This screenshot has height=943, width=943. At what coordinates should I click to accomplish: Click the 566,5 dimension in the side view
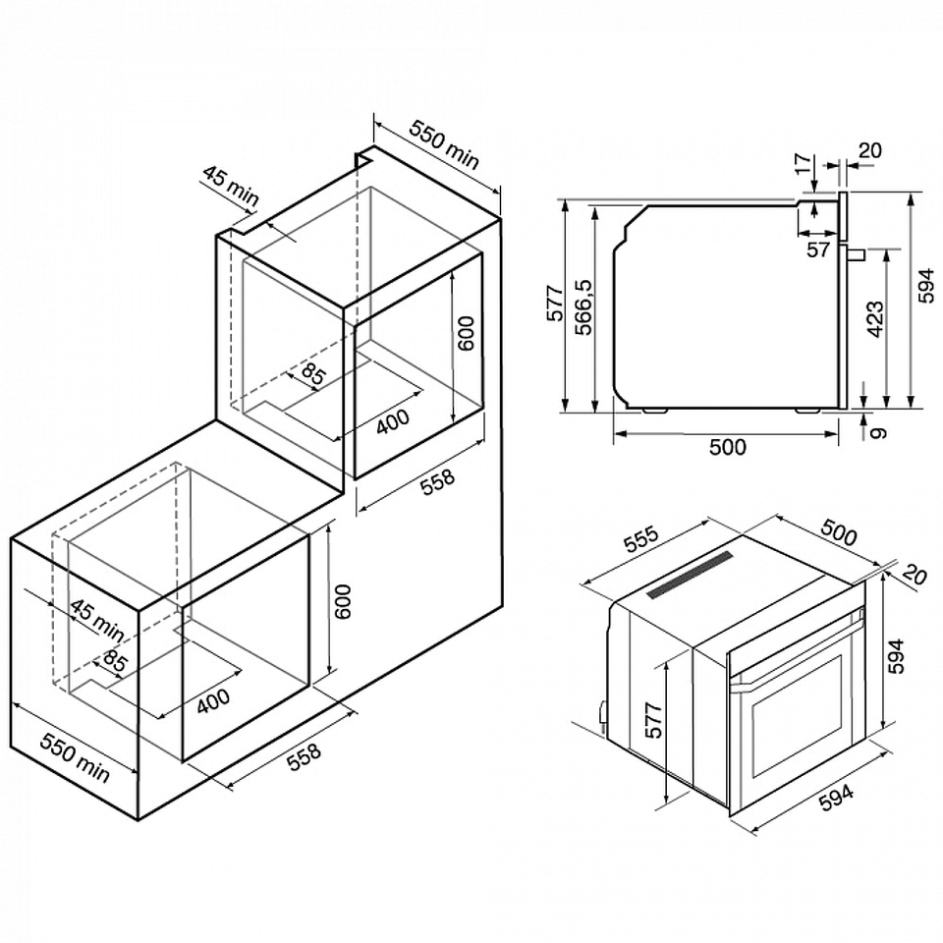[x=583, y=306]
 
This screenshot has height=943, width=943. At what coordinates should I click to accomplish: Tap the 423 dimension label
[x=874, y=319]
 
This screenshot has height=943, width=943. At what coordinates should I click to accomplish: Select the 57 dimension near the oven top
[x=818, y=250]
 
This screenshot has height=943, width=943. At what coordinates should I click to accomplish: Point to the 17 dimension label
[x=804, y=164]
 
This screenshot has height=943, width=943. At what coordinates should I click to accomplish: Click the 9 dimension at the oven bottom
[x=878, y=432]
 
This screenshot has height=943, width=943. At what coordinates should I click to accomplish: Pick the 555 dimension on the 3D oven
[x=641, y=539]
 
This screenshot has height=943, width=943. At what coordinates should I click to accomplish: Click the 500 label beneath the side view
[x=728, y=447]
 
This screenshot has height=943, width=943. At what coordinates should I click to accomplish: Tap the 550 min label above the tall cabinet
[x=444, y=144]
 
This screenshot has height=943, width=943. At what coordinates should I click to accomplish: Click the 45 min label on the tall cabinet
[x=230, y=186]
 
